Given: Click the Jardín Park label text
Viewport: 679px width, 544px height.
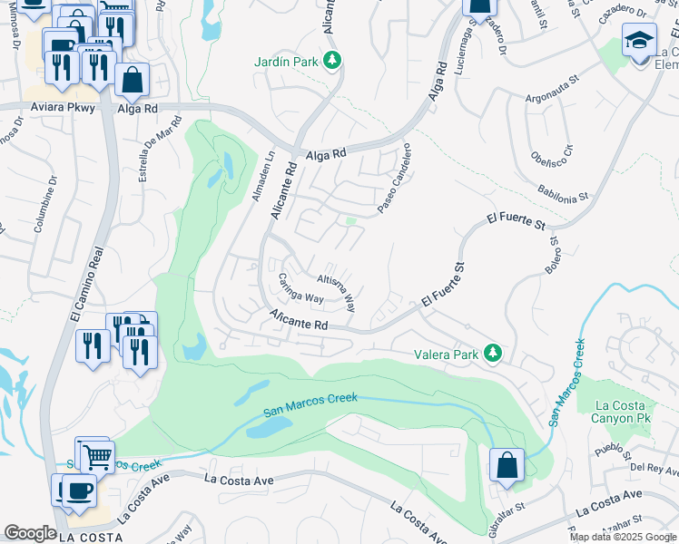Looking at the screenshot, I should (x=286, y=62).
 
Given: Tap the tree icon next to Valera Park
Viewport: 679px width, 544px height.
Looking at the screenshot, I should (x=493, y=353).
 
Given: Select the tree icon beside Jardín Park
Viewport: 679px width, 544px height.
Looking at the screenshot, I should (x=333, y=61).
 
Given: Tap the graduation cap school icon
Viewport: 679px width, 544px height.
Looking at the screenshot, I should (x=639, y=42).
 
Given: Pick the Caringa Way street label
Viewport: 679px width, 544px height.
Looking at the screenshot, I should (x=300, y=287).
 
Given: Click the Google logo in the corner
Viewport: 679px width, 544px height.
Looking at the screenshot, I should (x=30, y=533).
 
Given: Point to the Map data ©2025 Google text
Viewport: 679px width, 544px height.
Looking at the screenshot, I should (x=622, y=537).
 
